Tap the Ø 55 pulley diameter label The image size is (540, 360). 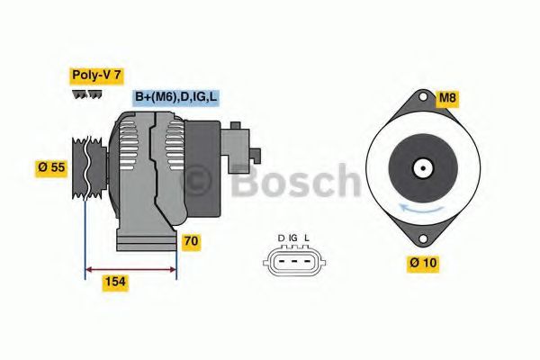click(50, 166)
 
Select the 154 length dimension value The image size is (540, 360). click(114, 282)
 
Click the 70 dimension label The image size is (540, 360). click(190, 241)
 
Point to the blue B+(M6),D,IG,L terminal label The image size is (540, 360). click(176, 97)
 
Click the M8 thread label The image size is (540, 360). click(447, 97)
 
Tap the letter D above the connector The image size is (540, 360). click(281, 238)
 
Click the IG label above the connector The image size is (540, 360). click(293, 238)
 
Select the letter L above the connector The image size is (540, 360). click(307, 238)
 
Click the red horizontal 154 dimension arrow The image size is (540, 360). click(130, 267)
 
